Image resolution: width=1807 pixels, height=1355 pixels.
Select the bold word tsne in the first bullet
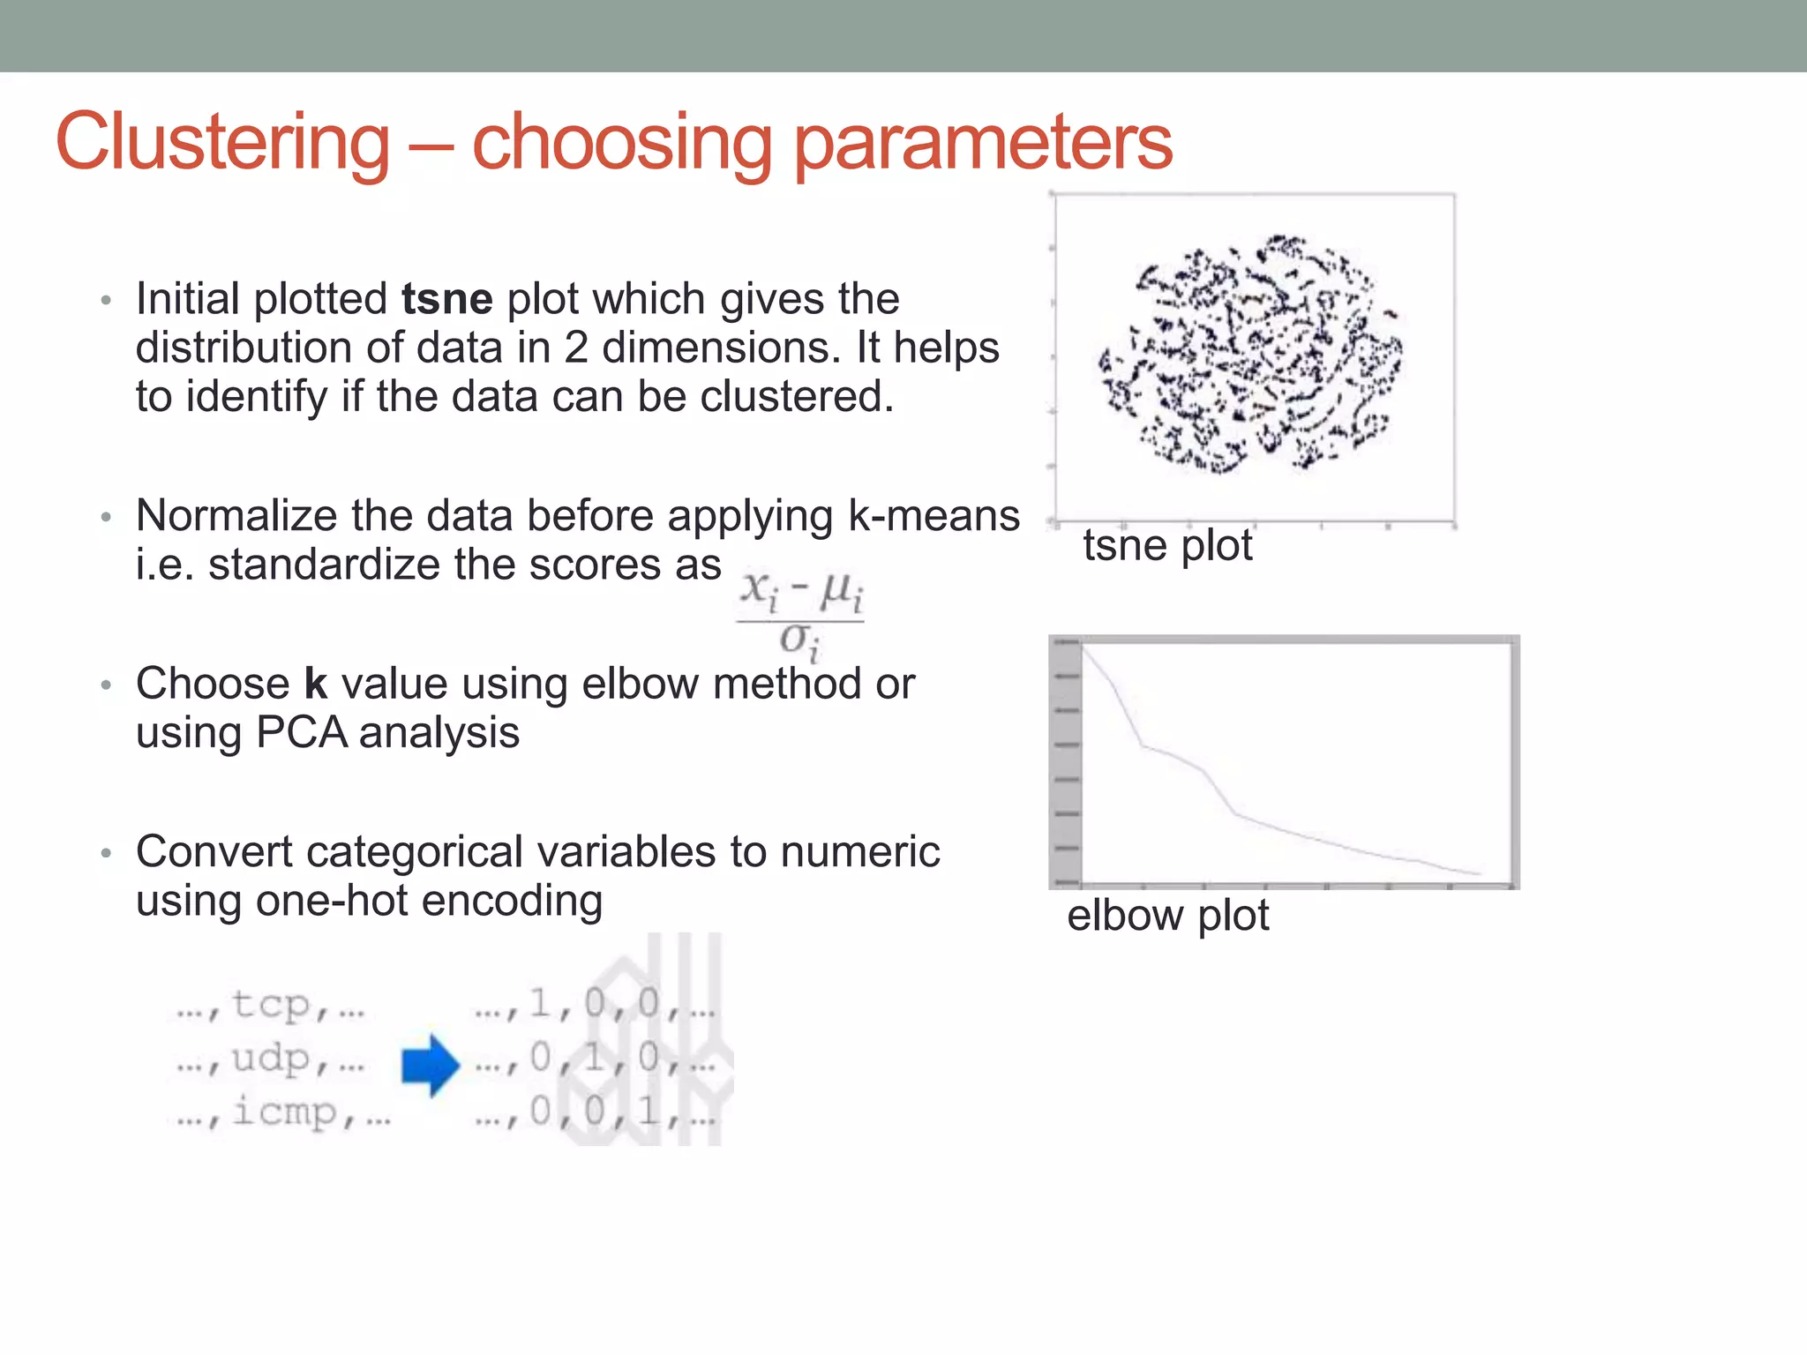point(446,299)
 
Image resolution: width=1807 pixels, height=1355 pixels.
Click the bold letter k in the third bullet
point(315,684)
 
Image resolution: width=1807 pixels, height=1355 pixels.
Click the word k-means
point(933,516)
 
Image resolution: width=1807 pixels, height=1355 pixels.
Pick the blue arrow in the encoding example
point(431,1066)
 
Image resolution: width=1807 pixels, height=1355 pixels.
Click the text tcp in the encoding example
point(271,1005)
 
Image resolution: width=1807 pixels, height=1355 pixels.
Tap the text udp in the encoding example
point(271,1059)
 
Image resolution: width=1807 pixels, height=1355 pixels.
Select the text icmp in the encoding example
point(284,1112)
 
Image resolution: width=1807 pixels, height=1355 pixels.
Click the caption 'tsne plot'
point(1167,545)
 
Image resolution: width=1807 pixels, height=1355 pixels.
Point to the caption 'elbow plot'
point(1167,916)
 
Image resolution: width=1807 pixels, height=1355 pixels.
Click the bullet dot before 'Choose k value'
point(106,685)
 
